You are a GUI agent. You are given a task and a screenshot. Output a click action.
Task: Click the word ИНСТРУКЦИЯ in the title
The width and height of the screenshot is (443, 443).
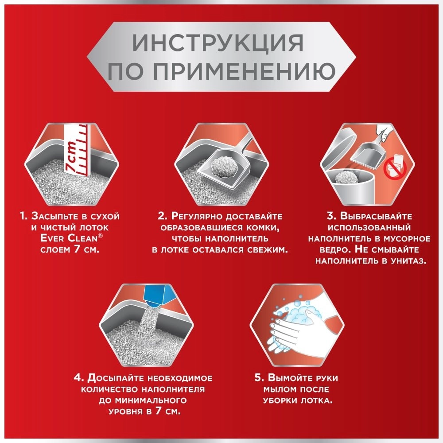coord(218,43)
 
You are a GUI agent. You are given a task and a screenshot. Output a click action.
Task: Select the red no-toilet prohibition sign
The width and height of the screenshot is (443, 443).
coord(395,170)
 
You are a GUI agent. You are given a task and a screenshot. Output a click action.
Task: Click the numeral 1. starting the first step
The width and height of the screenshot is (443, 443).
coord(24,216)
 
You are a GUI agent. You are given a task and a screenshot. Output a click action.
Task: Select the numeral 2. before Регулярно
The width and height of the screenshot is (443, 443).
coord(163,216)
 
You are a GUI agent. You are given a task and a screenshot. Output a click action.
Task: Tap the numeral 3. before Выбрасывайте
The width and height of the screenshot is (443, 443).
coord(332,216)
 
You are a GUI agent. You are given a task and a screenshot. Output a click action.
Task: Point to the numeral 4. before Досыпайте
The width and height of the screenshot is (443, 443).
coord(79,378)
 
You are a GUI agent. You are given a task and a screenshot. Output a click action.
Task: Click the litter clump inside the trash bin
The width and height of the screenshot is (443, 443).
coord(346,177)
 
